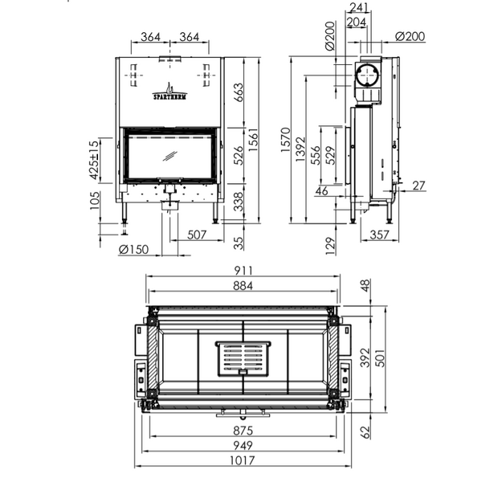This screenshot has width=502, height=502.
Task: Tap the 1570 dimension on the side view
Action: [285, 140]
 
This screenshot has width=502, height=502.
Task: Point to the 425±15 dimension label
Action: [94, 160]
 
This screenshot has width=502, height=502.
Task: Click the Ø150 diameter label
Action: [134, 250]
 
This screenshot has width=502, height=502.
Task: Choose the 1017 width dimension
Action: [243, 460]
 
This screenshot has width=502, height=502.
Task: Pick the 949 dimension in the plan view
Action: [243, 445]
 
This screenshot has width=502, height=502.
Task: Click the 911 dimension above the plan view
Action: [243, 271]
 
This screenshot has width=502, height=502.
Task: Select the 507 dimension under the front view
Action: [197, 235]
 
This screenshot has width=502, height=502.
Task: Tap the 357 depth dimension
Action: [379, 235]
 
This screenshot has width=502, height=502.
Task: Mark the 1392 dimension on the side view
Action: [300, 149]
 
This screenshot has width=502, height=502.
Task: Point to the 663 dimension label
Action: [239, 92]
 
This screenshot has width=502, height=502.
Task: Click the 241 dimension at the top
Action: [359, 7]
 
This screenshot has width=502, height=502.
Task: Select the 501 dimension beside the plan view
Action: [380, 358]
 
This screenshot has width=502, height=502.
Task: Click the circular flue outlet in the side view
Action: [368, 76]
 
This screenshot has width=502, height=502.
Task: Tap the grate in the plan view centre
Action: [243, 358]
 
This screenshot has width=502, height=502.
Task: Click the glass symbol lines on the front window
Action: [170, 156]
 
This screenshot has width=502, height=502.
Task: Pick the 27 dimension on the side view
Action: [418, 186]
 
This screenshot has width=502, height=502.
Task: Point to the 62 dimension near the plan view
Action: [365, 432]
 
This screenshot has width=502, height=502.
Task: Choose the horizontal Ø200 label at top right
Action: [410, 36]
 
